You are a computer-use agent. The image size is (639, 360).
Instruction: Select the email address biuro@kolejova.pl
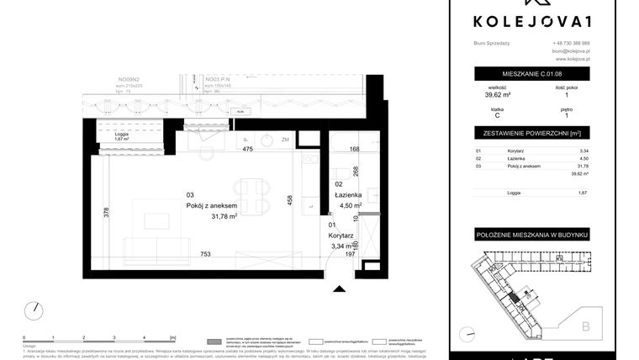click(x=571, y=51)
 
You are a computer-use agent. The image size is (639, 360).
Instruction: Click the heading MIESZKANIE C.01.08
click(x=531, y=74)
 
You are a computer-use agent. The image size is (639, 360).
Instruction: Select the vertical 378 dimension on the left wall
click(x=106, y=214)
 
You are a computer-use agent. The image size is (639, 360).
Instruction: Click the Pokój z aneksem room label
click(x=212, y=205)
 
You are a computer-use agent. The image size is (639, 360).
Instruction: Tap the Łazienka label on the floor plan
click(x=349, y=195)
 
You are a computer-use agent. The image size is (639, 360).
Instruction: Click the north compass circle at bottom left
click(x=33, y=310)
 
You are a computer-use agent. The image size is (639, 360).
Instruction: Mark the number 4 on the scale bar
click(x=145, y=336)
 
